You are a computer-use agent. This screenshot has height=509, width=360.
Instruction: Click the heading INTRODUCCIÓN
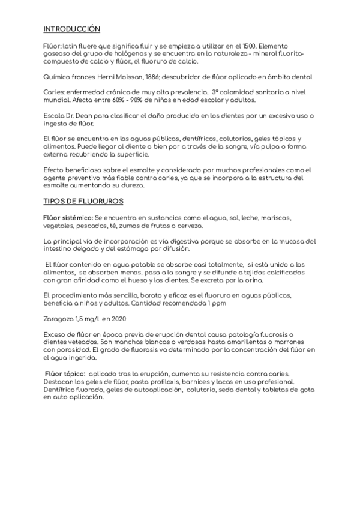tap(71, 29)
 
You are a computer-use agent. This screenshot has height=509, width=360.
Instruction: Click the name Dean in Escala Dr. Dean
tap(88, 115)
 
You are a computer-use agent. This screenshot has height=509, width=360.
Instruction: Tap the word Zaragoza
tap(58, 318)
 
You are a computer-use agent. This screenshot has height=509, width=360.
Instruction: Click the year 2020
tap(118, 318)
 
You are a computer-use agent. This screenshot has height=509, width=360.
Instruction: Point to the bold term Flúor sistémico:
tap(67, 217)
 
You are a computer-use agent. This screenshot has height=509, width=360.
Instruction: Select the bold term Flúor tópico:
tap(69, 373)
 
